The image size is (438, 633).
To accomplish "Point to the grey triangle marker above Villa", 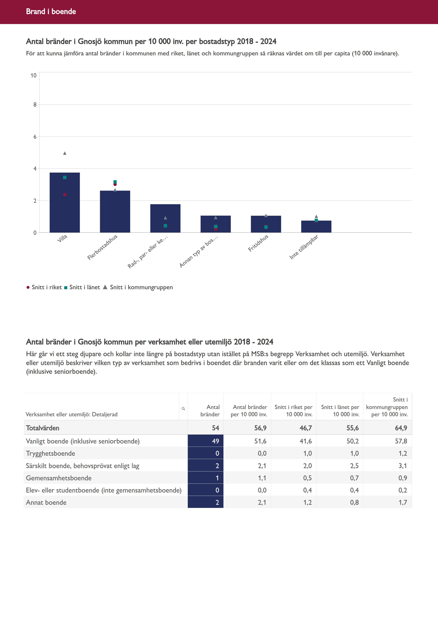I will [x=65, y=153].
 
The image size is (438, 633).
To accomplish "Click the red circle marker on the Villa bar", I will [x=65, y=194].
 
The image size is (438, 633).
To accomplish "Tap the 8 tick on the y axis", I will [x=35, y=105].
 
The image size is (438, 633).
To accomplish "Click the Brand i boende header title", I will [x=51, y=11].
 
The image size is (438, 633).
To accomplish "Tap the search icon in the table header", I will [x=183, y=409].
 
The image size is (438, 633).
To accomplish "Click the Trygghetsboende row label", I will [x=50, y=453].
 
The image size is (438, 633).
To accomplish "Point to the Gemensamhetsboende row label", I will [x=59, y=478].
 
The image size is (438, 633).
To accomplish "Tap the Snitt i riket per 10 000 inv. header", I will [x=293, y=411].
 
